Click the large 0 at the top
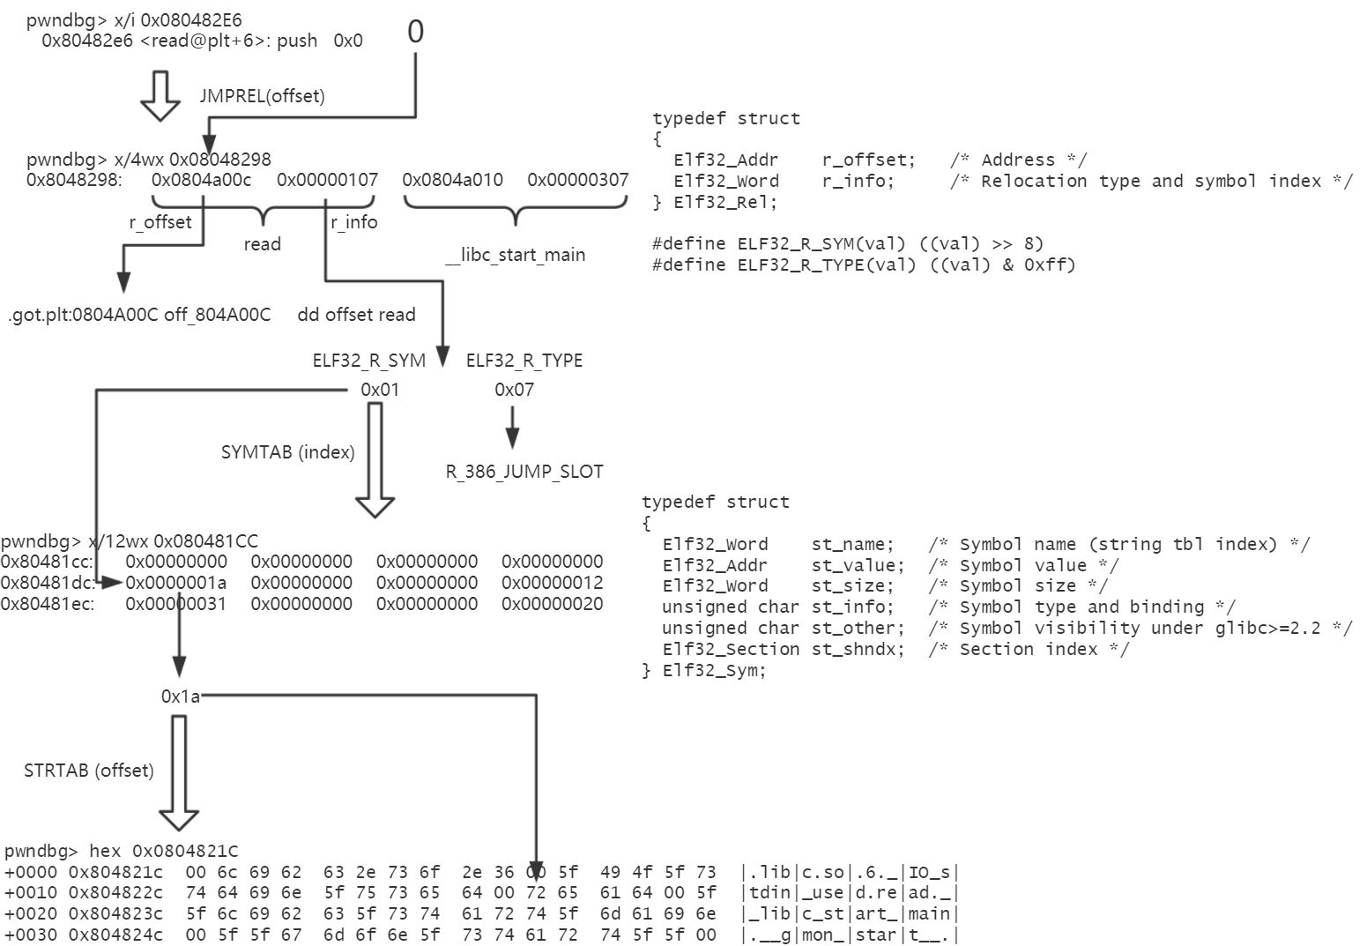(x=415, y=32)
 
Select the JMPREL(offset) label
(x=262, y=96)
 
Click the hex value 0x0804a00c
(x=201, y=181)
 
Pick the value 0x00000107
(x=327, y=181)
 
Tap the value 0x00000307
(x=578, y=181)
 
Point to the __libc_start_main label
(x=516, y=255)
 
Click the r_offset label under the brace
(x=160, y=222)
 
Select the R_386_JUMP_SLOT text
(x=524, y=472)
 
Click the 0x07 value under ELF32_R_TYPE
(x=514, y=390)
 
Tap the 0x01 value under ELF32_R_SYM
(x=380, y=390)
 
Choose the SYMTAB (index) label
(x=288, y=452)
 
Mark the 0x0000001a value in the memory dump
(x=176, y=583)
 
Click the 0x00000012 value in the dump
(x=553, y=583)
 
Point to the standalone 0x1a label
(x=181, y=697)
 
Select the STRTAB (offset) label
(x=89, y=771)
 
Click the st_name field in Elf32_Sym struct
(x=852, y=544)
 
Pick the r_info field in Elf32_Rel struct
(x=858, y=181)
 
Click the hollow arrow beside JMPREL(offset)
(x=160, y=95)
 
